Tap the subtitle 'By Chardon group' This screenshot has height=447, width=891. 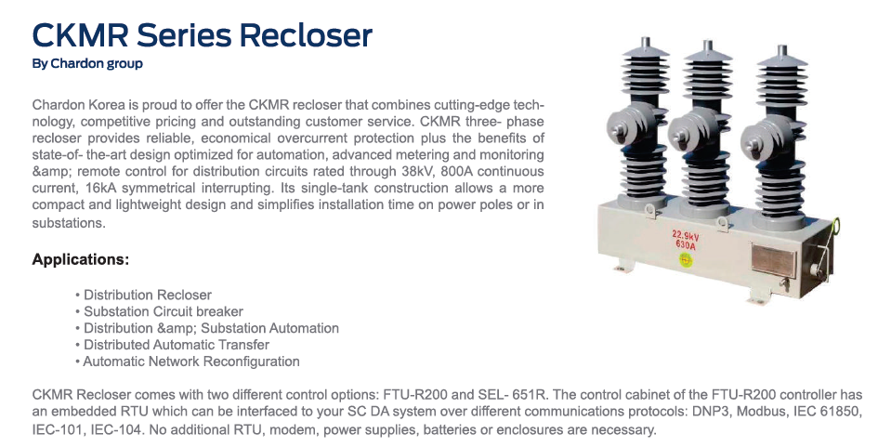[x=87, y=64]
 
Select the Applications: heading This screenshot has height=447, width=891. [x=81, y=259]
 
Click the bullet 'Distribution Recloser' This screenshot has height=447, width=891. [x=143, y=295]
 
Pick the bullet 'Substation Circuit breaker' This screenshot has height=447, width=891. [x=159, y=311]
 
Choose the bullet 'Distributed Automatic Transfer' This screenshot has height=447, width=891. [x=172, y=345]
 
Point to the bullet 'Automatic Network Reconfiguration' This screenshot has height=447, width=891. [x=188, y=362]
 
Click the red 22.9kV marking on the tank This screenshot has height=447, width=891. [x=686, y=235]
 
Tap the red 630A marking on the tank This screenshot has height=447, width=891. [x=686, y=244]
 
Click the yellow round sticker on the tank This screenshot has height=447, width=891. [x=686, y=260]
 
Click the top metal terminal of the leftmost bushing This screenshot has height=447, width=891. [x=646, y=44]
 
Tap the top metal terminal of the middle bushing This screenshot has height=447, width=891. [x=707, y=46]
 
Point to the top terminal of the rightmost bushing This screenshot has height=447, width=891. [x=782, y=51]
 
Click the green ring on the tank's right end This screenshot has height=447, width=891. [x=834, y=227]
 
